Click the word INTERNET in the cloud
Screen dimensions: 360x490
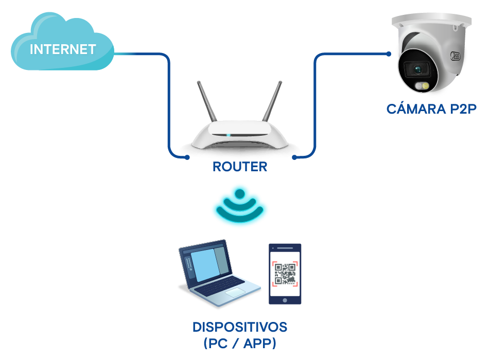63,49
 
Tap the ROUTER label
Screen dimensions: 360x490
240,167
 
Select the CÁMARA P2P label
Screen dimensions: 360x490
431,109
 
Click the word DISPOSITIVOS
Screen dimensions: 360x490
239,327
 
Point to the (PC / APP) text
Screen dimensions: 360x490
240,343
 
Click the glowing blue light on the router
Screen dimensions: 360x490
228,135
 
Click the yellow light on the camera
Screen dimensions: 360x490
426,85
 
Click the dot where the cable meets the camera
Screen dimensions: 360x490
389,53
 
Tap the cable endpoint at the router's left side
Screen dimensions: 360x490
187,157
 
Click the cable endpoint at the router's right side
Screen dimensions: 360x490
294,157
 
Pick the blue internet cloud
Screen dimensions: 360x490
62,44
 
